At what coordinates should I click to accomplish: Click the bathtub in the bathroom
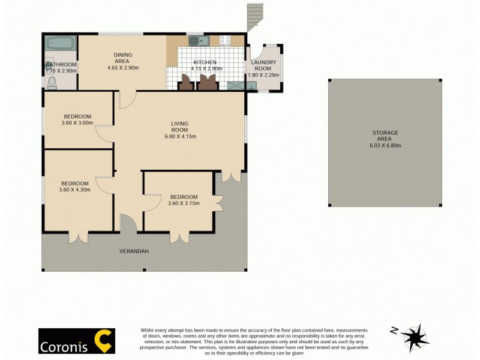59,44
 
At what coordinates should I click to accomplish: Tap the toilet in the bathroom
52,82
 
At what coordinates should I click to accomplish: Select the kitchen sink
198,41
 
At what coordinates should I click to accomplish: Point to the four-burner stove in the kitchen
225,40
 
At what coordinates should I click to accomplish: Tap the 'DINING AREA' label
123,58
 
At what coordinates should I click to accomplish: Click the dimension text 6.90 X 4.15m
180,137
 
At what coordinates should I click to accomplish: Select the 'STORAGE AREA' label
385,136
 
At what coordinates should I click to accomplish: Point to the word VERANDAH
133,251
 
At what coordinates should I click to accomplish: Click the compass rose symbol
415,337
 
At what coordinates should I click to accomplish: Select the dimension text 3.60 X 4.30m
75,190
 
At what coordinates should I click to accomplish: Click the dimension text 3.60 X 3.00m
77,123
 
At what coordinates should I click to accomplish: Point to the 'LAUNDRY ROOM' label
263,65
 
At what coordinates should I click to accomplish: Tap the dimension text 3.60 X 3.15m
184,203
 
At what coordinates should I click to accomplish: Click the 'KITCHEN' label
204,62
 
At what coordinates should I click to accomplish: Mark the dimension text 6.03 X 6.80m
385,146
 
